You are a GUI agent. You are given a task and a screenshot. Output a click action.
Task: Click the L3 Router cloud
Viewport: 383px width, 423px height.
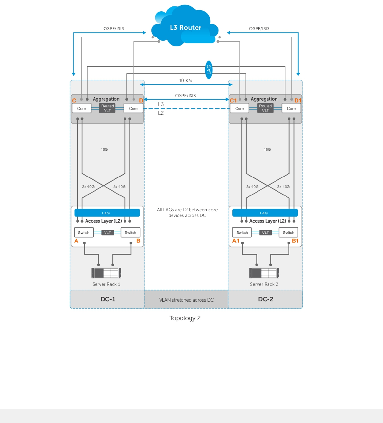[x=185, y=27]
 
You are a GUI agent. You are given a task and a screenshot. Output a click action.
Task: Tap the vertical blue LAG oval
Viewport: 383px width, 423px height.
[x=209, y=70]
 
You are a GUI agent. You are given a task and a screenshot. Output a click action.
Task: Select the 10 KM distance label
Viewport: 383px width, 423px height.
[x=186, y=80]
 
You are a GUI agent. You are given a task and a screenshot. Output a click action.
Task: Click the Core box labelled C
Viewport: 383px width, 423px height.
[x=81, y=108]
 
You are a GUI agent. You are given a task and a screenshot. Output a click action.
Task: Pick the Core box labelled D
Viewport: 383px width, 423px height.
[x=133, y=108]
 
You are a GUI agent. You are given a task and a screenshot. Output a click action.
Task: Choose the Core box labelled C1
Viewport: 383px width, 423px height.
[x=240, y=108]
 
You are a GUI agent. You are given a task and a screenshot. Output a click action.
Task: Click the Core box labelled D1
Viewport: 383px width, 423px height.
[x=291, y=108]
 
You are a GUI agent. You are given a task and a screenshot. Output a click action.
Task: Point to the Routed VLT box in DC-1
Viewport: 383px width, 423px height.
[x=107, y=108]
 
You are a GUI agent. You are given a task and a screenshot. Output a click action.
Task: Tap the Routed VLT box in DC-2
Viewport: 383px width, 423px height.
[x=266, y=108]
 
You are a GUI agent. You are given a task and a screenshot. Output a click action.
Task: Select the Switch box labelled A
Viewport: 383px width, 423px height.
[x=84, y=232]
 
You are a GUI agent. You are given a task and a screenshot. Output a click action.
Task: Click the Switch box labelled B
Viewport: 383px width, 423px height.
[x=130, y=232]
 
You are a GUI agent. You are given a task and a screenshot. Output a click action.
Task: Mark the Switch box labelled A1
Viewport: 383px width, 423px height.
[x=242, y=232]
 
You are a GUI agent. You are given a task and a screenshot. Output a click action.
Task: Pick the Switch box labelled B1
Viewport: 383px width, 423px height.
[x=288, y=232]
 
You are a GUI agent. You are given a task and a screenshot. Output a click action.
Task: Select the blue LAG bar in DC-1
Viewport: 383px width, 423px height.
[x=107, y=213]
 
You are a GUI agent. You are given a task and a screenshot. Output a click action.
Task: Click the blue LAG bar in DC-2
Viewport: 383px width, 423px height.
[x=265, y=213]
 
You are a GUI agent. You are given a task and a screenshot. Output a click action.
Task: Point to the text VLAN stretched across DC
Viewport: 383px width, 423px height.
[x=186, y=300]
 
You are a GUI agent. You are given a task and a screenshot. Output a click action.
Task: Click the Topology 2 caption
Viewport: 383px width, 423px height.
[x=185, y=318]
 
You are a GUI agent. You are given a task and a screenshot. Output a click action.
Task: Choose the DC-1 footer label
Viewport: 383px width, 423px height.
[x=107, y=299]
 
